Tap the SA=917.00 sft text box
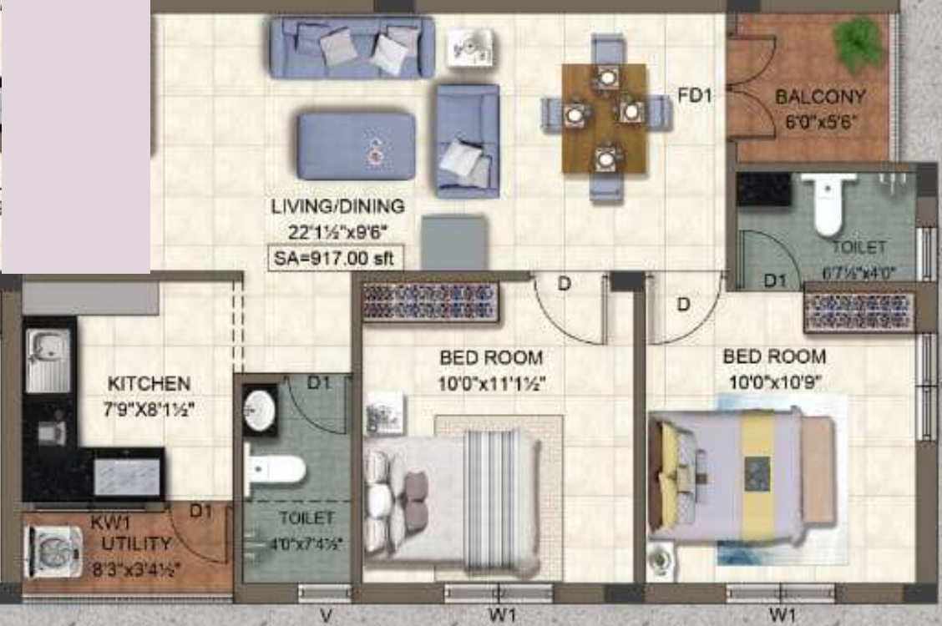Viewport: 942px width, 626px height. [x=334, y=258]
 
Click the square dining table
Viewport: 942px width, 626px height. [x=604, y=118]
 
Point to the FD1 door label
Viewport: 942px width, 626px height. [x=694, y=96]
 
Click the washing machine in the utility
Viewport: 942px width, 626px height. [x=54, y=552]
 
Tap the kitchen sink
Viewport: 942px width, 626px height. [x=47, y=361]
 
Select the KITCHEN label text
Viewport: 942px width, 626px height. [x=149, y=384]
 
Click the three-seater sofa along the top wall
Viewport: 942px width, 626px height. [x=352, y=47]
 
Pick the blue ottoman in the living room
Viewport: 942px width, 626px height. [x=356, y=146]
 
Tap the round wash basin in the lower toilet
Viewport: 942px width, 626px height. [x=260, y=410]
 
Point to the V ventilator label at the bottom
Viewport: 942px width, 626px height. [x=326, y=616]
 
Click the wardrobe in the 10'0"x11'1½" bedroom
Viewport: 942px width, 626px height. [x=431, y=301]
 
